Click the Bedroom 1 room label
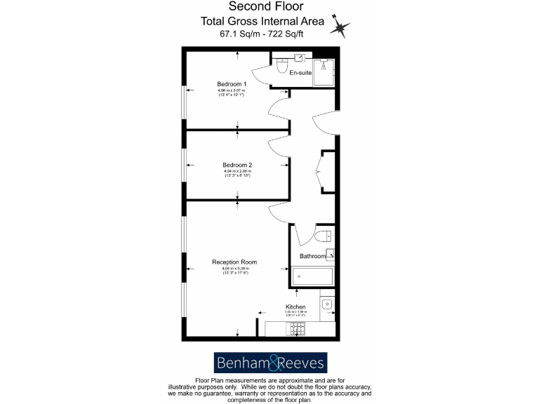tap(231, 83)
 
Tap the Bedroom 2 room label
tap(237, 165)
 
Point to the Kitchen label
tap(295, 307)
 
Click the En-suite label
tap(300, 72)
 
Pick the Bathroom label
tap(313, 256)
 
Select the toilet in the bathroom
tap(324, 236)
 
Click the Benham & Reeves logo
tap(269, 363)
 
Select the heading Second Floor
tap(269, 7)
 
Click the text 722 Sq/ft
tap(298, 33)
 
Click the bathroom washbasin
tap(330, 254)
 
